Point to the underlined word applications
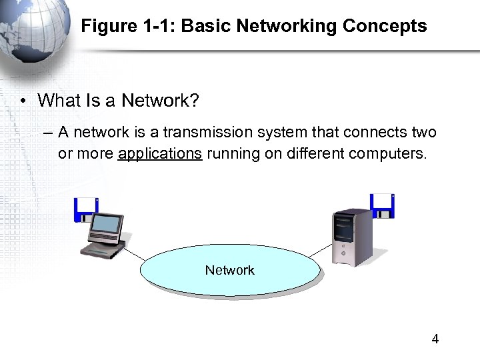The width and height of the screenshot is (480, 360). [159, 153]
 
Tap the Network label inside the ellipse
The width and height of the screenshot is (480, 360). [229, 270]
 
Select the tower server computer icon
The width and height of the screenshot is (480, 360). [351, 237]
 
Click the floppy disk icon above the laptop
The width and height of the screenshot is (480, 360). [85, 209]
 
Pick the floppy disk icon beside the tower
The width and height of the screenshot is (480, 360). [383, 205]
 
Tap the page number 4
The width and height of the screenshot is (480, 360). [435, 339]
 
